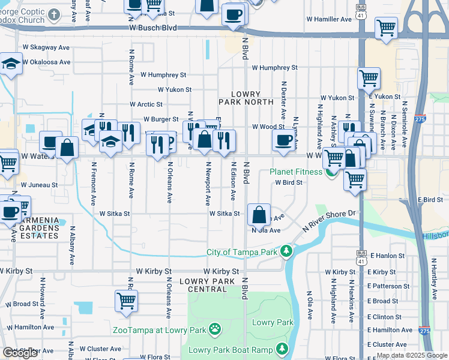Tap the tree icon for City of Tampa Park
pyautogui.click(x=287, y=251)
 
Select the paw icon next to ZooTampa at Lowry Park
pyautogui.click(x=214, y=329)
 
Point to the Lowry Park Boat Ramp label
pyautogui.click(x=231, y=350)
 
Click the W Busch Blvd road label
pyautogui.click(x=152, y=28)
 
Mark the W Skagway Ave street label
pyautogui.click(x=47, y=47)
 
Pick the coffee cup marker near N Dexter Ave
pyautogui.click(x=284, y=140)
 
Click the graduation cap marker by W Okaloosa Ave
pyautogui.click(x=11, y=63)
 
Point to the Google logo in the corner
pyautogui.click(x=20, y=353)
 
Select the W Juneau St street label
pyautogui.click(x=38, y=185)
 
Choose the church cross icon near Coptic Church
pyautogui.click(x=54, y=14)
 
